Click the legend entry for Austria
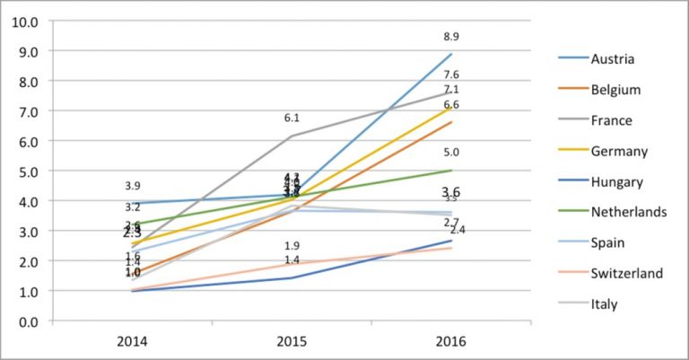(x=613, y=59)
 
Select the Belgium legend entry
(x=615, y=90)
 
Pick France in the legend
(x=612, y=120)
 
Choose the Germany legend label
(x=617, y=151)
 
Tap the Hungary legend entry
(x=616, y=181)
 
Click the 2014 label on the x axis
(x=132, y=342)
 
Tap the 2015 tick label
(x=292, y=342)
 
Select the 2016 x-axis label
(x=450, y=342)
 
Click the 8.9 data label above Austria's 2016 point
(x=450, y=37)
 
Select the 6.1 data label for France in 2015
(x=292, y=118)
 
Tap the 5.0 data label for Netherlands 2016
(x=450, y=153)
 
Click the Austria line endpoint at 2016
(x=450, y=54)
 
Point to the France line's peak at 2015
(x=292, y=136)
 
